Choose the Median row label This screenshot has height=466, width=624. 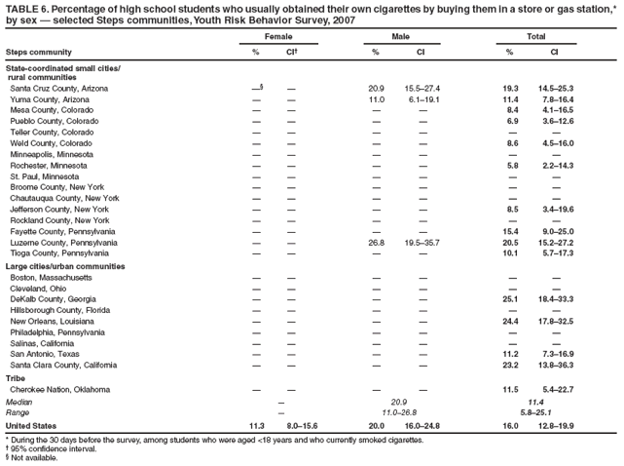(18, 402)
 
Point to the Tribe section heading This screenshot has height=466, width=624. (16, 377)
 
